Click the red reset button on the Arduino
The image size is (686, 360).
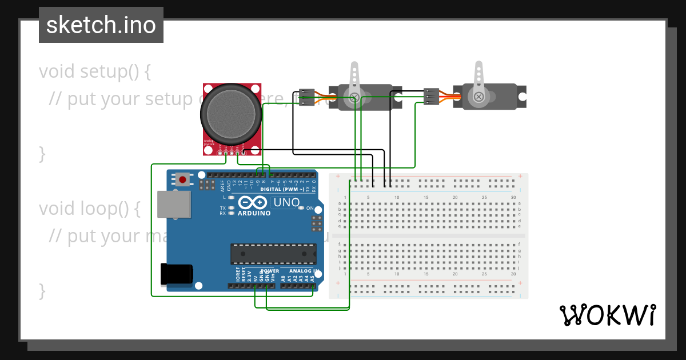(x=182, y=179)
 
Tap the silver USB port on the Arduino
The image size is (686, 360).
(x=174, y=204)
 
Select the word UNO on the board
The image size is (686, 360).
(x=286, y=202)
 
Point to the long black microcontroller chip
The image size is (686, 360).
(x=273, y=254)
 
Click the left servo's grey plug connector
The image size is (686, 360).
(x=307, y=97)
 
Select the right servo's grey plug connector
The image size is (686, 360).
(x=431, y=97)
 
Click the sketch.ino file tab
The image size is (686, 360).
(x=101, y=25)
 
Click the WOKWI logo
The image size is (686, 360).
(x=607, y=315)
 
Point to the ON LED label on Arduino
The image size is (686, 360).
(x=310, y=208)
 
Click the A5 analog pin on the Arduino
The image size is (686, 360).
(x=312, y=285)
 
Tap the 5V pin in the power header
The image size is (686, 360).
(x=256, y=285)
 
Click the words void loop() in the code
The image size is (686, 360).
(x=89, y=209)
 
